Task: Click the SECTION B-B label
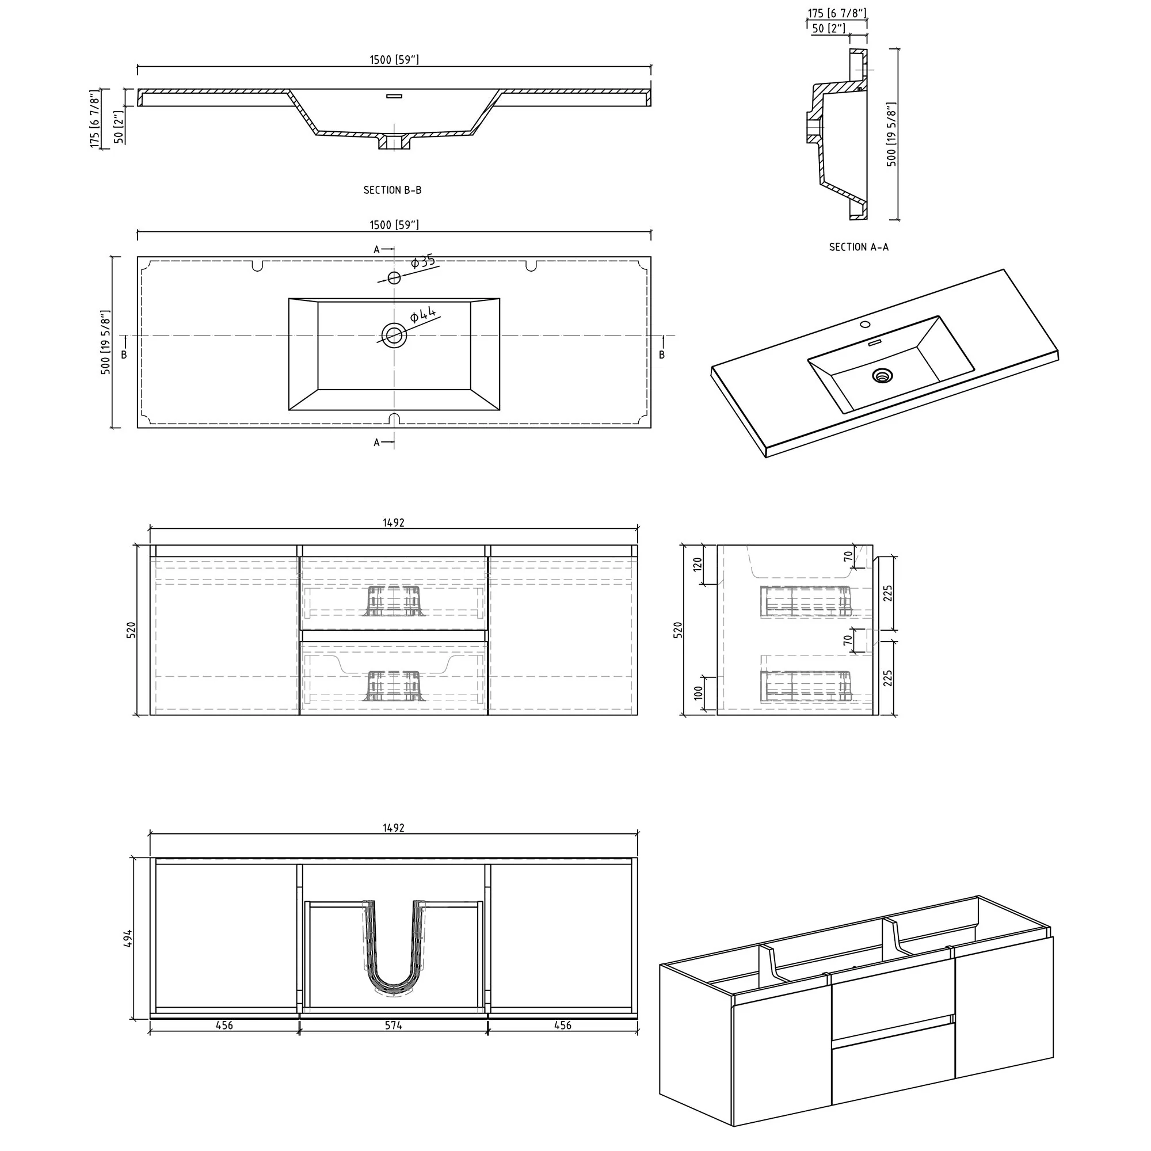tap(392, 190)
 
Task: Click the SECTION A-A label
tap(859, 247)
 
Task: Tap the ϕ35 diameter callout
tap(424, 261)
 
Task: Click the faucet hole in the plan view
tap(394, 277)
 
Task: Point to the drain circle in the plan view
tap(393, 336)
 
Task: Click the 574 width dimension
tap(393, 1026)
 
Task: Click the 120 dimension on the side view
tap(698, 564)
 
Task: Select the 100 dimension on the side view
tap(698, 692)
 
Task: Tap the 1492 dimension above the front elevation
tap(393, 523)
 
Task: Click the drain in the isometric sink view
tap(882, 375)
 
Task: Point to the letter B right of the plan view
tap(661, 355)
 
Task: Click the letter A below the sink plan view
tap(376, 443)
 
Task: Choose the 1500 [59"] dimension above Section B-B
tap(394, 60)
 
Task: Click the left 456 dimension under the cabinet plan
tap(224, 1026)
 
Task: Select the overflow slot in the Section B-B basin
tap(394, 95)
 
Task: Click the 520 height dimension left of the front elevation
tap(131, 630)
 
